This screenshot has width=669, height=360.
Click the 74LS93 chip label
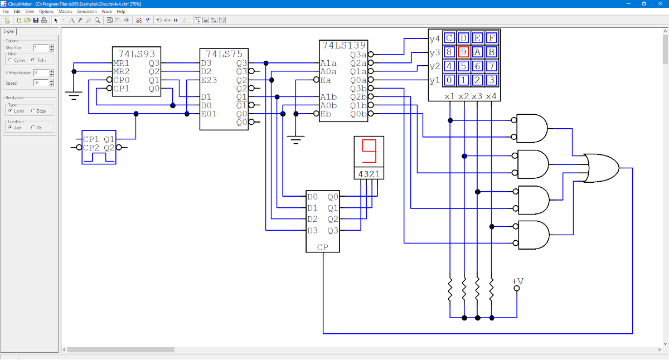[137, 54]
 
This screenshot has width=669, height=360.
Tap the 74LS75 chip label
[224, 54]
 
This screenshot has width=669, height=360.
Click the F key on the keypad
[491, 38]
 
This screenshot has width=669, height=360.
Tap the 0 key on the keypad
[449, 80]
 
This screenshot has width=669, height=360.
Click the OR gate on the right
[601, 167]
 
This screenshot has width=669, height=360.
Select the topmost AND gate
[532, 128]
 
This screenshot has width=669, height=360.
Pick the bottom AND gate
[533, 235]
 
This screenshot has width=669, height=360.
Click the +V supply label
[518, 281]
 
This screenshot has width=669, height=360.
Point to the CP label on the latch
[323, 247]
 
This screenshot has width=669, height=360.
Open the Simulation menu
[86, 11]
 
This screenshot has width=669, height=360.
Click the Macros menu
[65, 11]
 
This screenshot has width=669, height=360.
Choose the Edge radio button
[33, 111]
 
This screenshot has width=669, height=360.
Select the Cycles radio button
[9, 60]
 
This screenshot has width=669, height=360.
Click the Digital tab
[9, 31]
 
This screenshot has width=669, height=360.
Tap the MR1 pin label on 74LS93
[121, 63]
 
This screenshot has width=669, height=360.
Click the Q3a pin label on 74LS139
[358, 55]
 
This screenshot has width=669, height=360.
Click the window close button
[660, 3]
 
